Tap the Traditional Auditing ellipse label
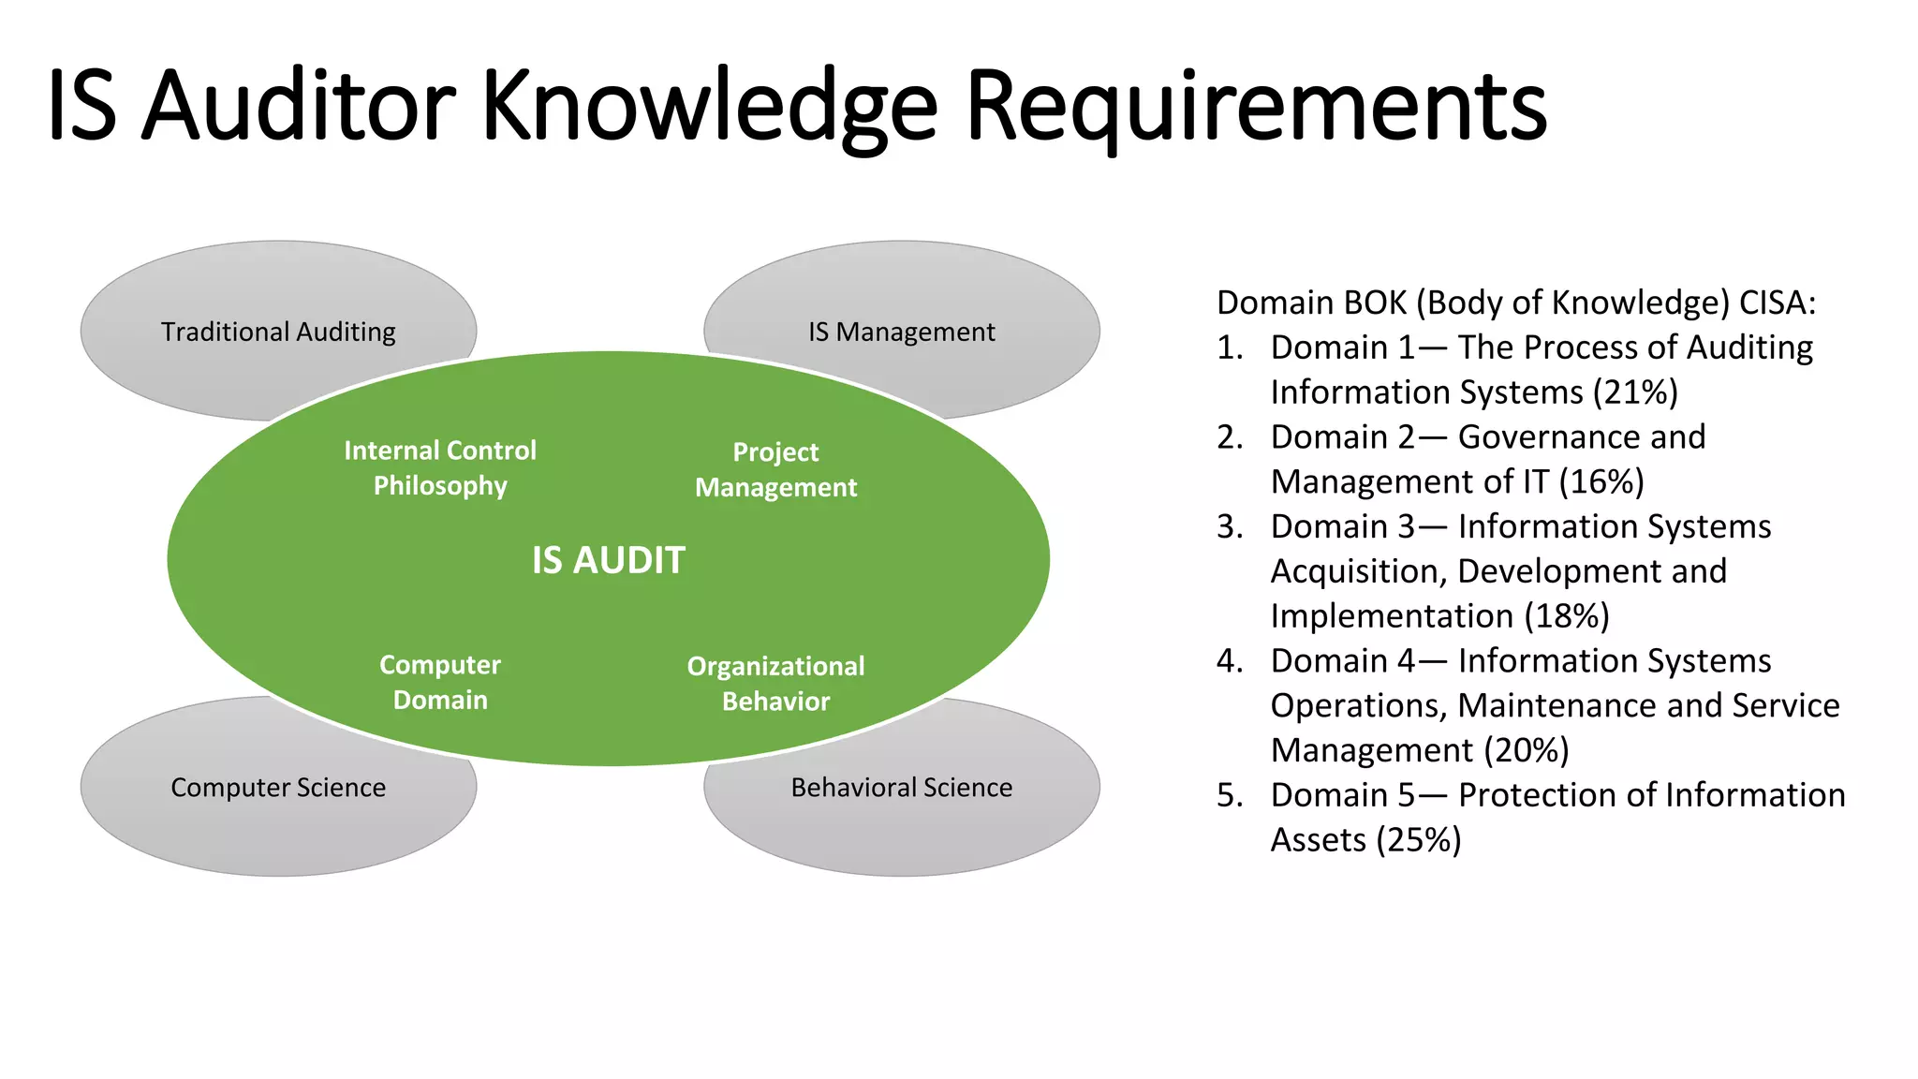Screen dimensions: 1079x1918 click(x=278, y=332)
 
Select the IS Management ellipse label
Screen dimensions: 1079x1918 click(x=901, y=332)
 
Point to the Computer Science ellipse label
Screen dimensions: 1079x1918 click(x=278, y=788)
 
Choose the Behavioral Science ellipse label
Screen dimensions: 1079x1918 click(x=901, y=788)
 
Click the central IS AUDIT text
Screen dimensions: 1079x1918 click(x=609, y=560)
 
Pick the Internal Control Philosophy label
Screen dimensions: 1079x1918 click(x=440, y=468)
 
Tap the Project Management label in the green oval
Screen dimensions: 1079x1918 click(x=775, y=470)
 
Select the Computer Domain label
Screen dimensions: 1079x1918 click(x=440, y=683)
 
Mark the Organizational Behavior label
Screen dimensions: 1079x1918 click(x=775, y=684)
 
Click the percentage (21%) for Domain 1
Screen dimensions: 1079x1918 click(x=1635, y=392)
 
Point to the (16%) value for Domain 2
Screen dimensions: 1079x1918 click(x=1601, y=482)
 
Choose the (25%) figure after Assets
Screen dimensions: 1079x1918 click(x=1418, y=840)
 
